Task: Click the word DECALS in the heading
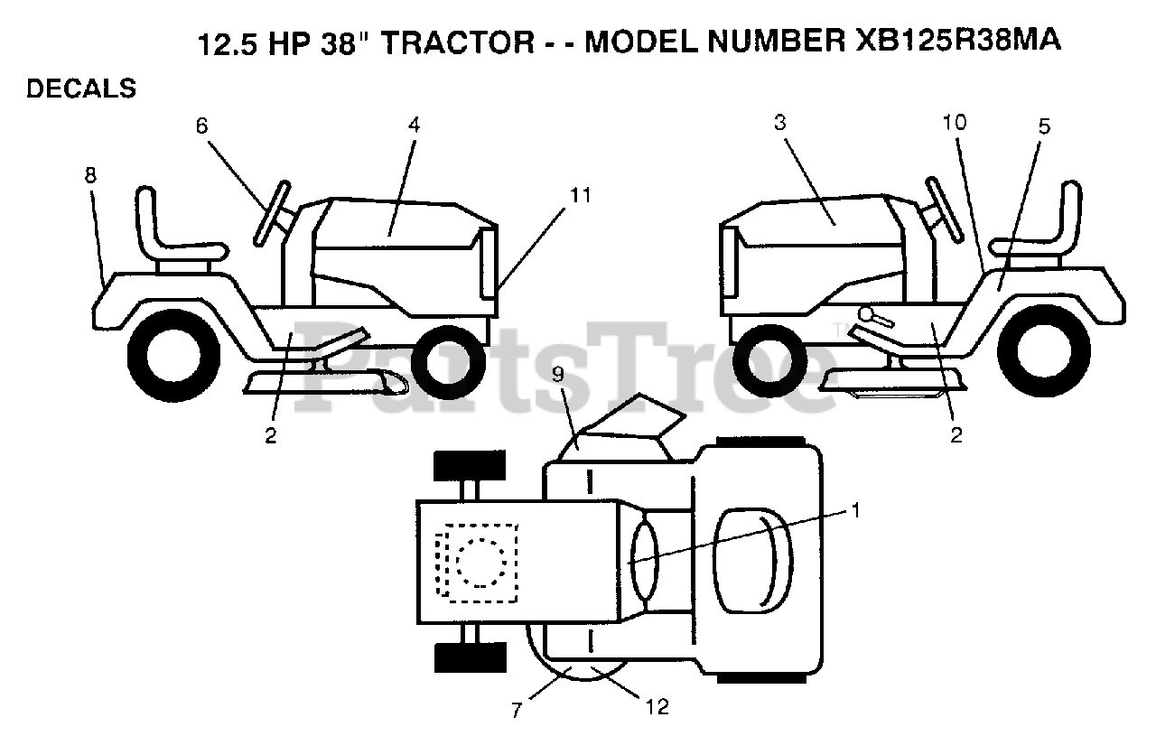tap(81, 89)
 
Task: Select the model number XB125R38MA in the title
tap(956, 42)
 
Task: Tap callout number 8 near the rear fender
tap(90, 175)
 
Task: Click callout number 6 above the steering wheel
tap(200, 126)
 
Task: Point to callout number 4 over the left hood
tap(413, 126)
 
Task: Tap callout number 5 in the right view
tap(1044, 126)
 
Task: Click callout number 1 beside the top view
tap(853, 510)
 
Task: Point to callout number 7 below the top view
tap(517, 711)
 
